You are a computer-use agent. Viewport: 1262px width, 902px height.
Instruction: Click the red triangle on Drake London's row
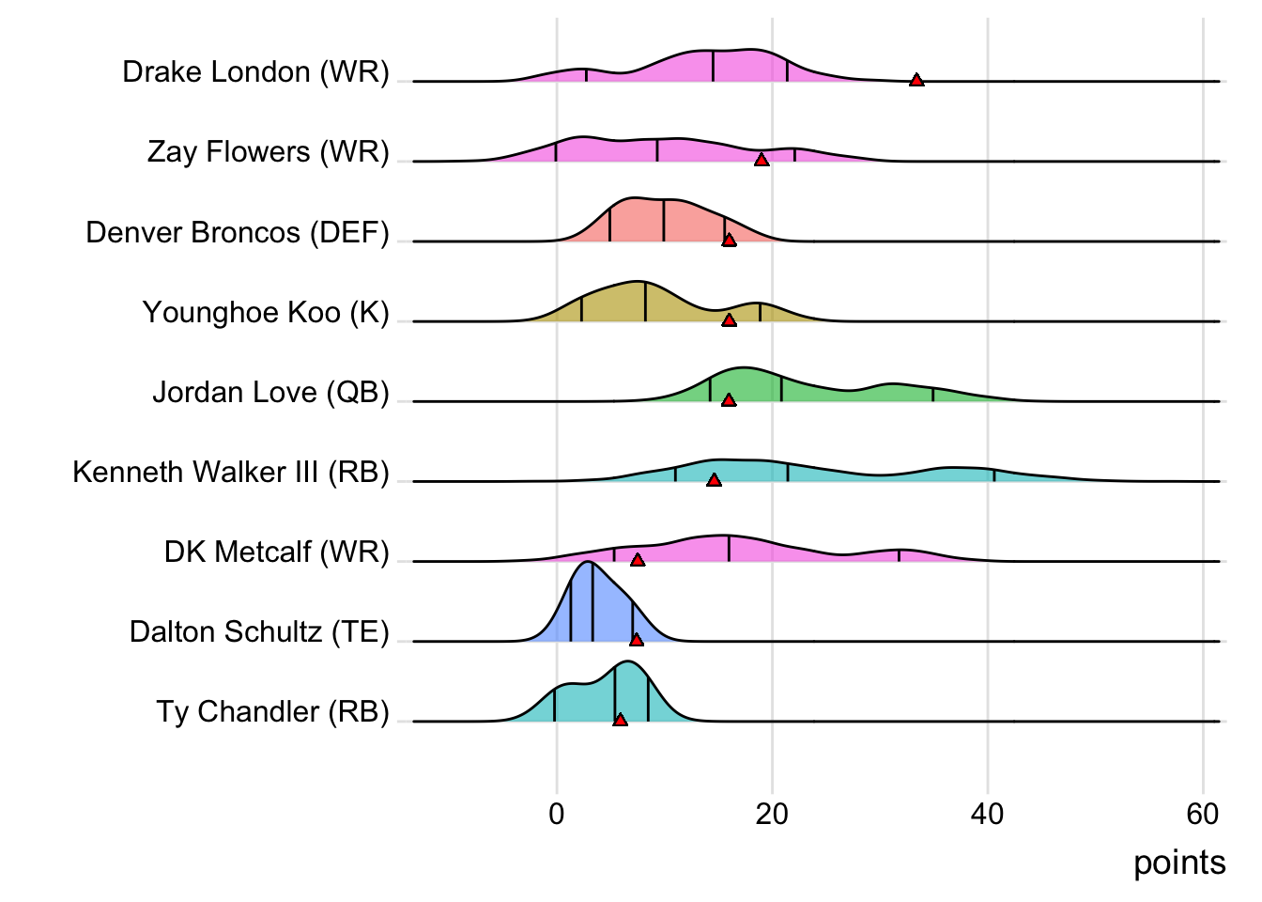point(916,80)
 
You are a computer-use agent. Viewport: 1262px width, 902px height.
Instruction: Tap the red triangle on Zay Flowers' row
point(762,160)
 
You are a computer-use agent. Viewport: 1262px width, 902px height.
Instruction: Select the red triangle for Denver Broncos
point(729,240)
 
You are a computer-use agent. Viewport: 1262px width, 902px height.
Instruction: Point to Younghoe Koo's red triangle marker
point(729,319)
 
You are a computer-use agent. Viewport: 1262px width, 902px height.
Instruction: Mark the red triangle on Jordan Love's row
point(729,399)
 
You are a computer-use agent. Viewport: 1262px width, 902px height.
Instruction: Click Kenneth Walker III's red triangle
point(714,480)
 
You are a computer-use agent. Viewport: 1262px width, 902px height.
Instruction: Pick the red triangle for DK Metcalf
point(638,560)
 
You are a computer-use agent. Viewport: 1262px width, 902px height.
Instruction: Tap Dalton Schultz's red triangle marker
point(637,640)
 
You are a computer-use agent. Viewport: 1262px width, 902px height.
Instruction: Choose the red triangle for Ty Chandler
point(620,720)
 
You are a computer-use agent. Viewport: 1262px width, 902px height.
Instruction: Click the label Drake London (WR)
point(255,72)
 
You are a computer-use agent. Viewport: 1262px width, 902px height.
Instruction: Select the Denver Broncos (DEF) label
point(238,232)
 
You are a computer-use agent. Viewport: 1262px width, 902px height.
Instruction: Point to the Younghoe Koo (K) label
point(266,312)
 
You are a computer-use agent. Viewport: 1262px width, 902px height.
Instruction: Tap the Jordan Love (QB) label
point(270,392)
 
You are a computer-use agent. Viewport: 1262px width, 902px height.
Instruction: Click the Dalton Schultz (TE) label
point(259,631)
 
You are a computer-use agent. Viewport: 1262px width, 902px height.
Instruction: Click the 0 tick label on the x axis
point(557,814)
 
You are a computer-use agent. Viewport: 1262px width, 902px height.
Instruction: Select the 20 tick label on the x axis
point(772,814)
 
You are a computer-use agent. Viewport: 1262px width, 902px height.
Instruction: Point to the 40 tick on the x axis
point(987,814)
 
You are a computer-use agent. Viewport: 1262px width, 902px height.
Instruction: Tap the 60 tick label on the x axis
point(1202,814)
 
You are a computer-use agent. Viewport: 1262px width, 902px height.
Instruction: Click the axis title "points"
point(1179,863)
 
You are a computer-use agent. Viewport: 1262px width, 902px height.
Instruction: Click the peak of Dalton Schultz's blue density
point(588,564)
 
